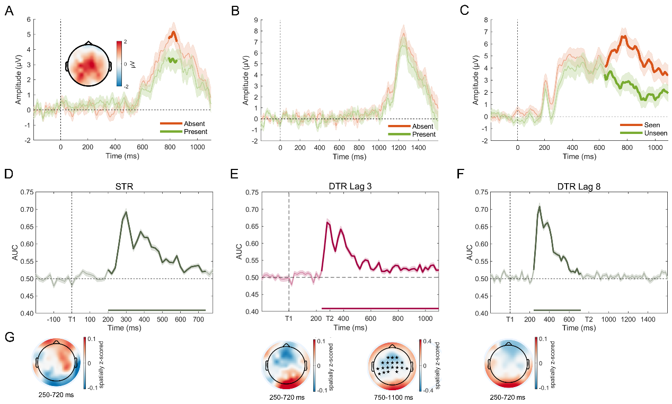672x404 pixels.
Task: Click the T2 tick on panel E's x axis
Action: (330, 319)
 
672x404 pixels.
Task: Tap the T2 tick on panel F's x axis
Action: (588, 320)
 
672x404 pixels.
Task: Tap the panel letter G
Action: (9, 337)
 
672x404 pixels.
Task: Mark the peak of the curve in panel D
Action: (126, 212)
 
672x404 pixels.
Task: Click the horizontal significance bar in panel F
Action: (557, 310)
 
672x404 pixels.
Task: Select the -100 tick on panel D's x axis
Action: (53, 320)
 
